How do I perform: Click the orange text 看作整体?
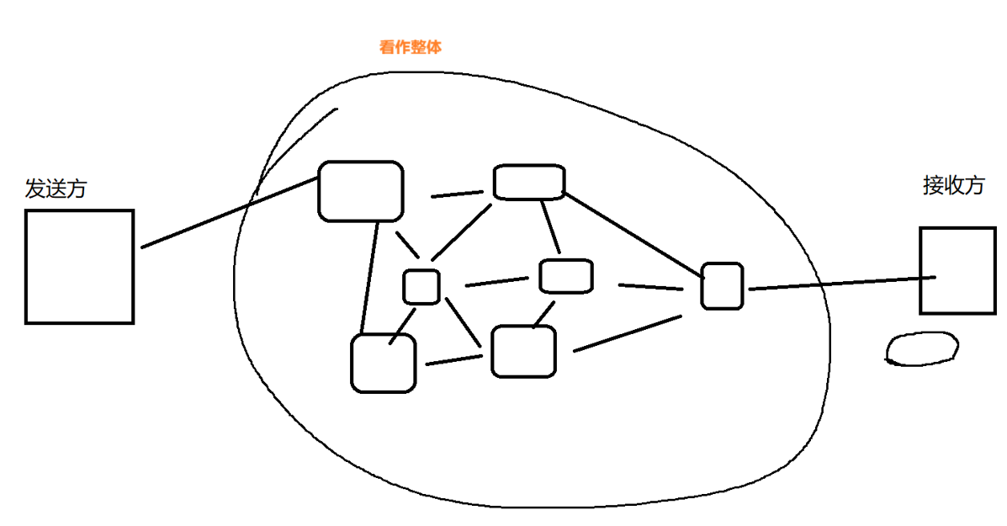pos(411,48)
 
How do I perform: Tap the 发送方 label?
pos(56,189)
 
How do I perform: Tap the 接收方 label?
pos(953,185)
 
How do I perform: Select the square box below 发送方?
pos(80,266)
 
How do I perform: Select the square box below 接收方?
pos(957,270)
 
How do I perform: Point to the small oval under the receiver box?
pos(922,348)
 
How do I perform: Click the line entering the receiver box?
pos(841,283)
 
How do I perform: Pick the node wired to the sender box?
pos(360,191)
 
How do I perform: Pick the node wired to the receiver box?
pos(723,285)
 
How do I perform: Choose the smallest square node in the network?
pos(421,286)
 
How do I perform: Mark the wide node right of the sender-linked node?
pos(528,183)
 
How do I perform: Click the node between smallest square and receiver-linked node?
pos(565,276)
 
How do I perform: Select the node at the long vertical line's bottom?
pos(384,363)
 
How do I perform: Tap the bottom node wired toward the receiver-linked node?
pos(523,351)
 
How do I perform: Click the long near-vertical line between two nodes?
pos(368,278)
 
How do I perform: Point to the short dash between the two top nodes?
pos(457,195)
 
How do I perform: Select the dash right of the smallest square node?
pos(496,282)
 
